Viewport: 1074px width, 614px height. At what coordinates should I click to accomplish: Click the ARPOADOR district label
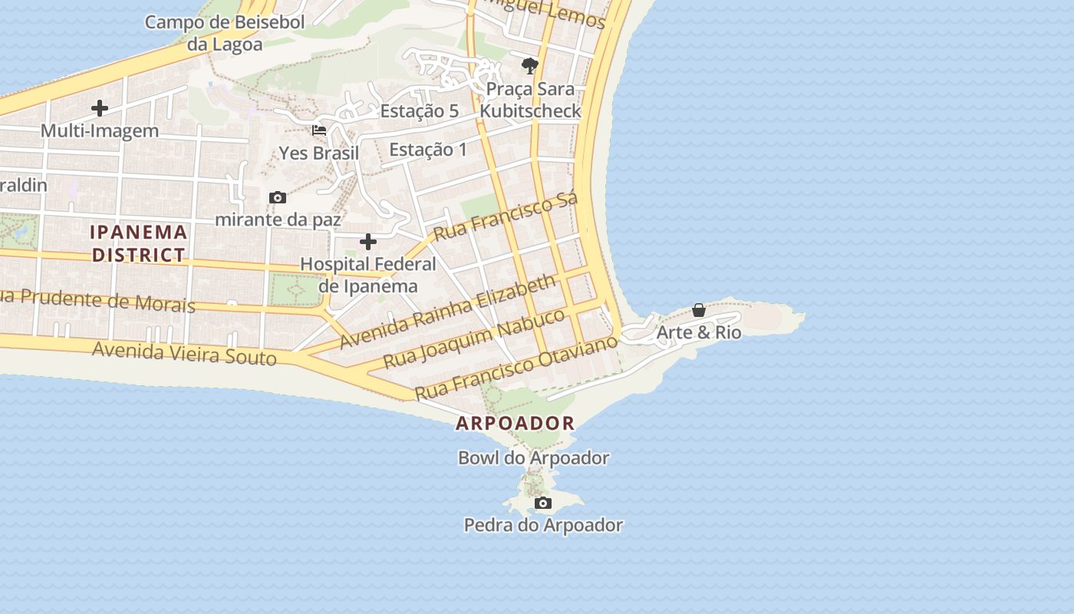[x=515, y=423]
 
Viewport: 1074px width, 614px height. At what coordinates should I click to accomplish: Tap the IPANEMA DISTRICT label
[x=139, y=243]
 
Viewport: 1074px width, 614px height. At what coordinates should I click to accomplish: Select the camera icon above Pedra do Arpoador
[x=543, y=503]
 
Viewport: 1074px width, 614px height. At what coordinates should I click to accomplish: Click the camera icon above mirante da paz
[x=278, y=198]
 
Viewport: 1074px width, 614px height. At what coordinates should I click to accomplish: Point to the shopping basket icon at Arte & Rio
[x=699, y=310]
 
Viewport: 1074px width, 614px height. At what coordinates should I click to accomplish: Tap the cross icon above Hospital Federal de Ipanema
[x=368, y=243]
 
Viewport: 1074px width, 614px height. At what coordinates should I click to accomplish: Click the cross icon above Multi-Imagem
[x=100, y=108]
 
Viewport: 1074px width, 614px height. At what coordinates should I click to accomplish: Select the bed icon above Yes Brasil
[x=319, y=130]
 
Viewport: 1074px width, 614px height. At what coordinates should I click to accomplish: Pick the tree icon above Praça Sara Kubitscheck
[x=529, y=66]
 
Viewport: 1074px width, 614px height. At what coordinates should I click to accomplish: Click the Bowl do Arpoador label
[x=533, y=458]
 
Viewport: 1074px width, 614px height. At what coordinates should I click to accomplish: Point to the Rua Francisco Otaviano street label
[x=516, y=367]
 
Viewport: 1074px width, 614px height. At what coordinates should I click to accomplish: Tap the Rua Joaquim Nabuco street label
[x=474, y=338]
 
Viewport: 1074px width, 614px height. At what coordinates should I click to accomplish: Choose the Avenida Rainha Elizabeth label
[x=448, y=311]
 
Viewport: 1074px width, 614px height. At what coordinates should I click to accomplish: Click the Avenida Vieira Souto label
[x=184, y=354]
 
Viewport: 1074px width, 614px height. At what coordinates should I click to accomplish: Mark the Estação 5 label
[x=420, y=111]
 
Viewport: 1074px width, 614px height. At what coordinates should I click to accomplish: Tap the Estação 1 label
[x=428, y=149]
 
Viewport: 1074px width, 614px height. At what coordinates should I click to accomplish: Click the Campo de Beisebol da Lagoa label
[x=225, y=33]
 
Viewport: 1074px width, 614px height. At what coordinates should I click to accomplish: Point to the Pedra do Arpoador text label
[x=543, y=526]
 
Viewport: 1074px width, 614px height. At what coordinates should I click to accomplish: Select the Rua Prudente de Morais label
[x=97, y=300]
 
